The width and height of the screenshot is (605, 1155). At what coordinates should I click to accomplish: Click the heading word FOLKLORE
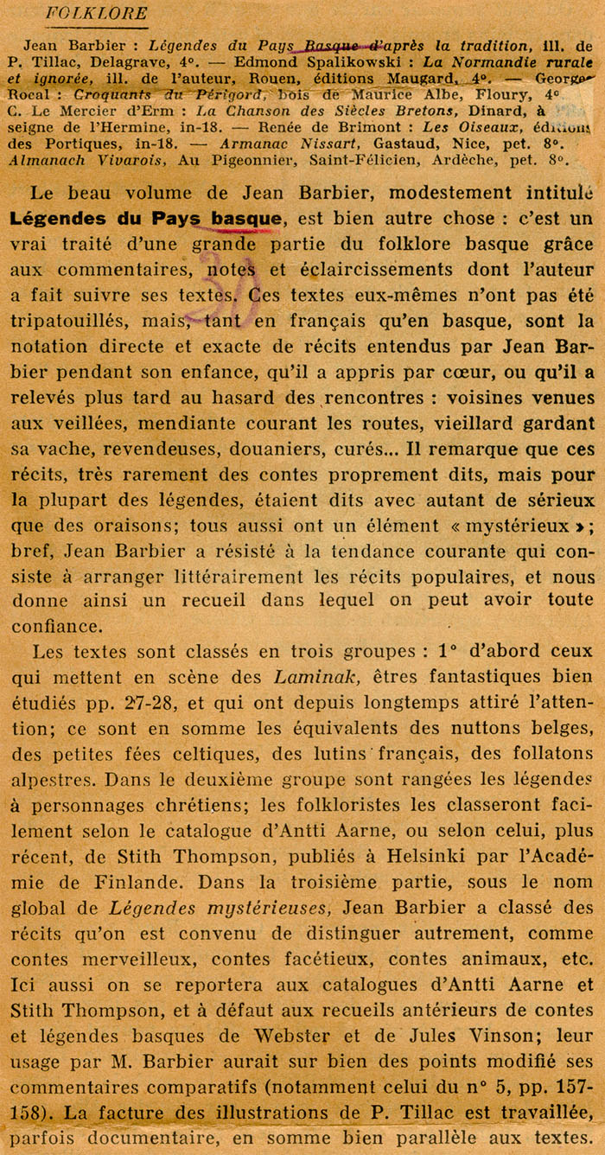[x=96, y=13]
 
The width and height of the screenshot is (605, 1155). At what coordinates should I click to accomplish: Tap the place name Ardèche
[x=497, y=160]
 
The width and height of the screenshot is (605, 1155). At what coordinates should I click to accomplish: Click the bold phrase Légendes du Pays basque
[x=146, y=219]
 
